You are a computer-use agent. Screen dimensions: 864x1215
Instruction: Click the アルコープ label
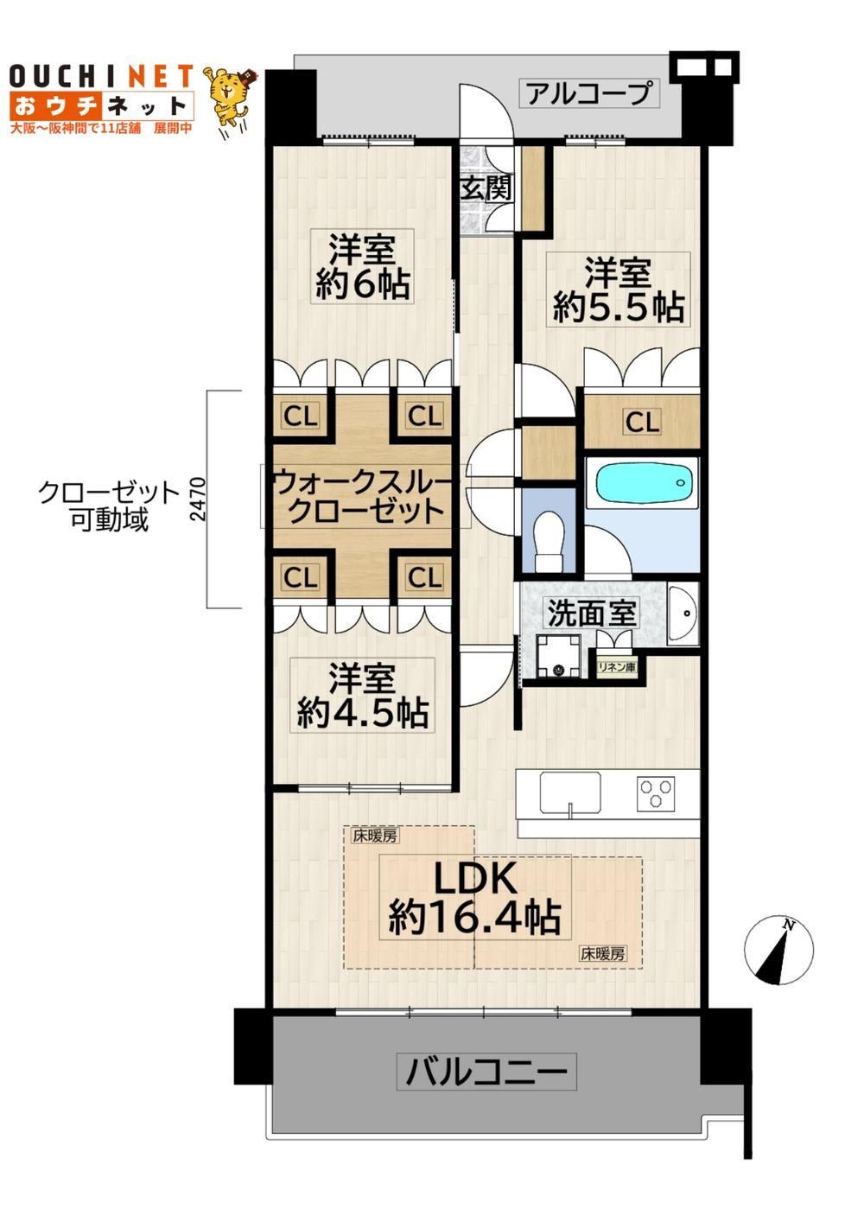point(589,93)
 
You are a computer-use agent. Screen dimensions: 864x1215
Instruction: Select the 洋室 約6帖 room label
point(362,266)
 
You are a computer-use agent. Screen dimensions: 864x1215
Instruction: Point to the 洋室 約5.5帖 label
point(618,289)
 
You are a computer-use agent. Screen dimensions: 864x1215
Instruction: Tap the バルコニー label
point(486,1071)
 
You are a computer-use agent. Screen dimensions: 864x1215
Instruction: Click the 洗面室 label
point(591,613)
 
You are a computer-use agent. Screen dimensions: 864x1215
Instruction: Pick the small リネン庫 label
point(616,666)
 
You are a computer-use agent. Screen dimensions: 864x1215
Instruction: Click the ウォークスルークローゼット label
point(362,496)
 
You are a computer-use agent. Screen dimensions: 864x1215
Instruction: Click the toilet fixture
point(549,540)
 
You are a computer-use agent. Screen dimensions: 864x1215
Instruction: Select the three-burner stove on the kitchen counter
point(656,794)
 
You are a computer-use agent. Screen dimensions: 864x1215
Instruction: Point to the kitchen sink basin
point(570,792)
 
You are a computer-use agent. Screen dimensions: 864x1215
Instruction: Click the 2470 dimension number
point(199,499)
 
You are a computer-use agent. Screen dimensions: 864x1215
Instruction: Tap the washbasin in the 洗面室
point(683,614)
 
